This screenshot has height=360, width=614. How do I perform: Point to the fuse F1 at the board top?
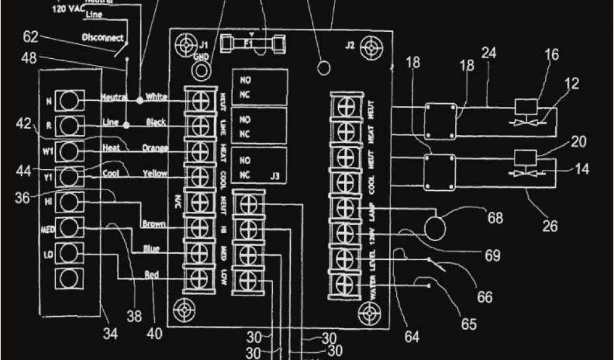252,44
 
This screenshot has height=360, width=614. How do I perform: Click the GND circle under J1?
200,71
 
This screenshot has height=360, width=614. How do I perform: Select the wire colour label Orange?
155,148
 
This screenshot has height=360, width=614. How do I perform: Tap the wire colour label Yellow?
154,174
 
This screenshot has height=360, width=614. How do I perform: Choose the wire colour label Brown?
154,224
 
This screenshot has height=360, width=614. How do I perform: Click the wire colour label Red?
152,275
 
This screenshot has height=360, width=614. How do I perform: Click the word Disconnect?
103,37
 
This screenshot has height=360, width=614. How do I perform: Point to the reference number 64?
411,337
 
